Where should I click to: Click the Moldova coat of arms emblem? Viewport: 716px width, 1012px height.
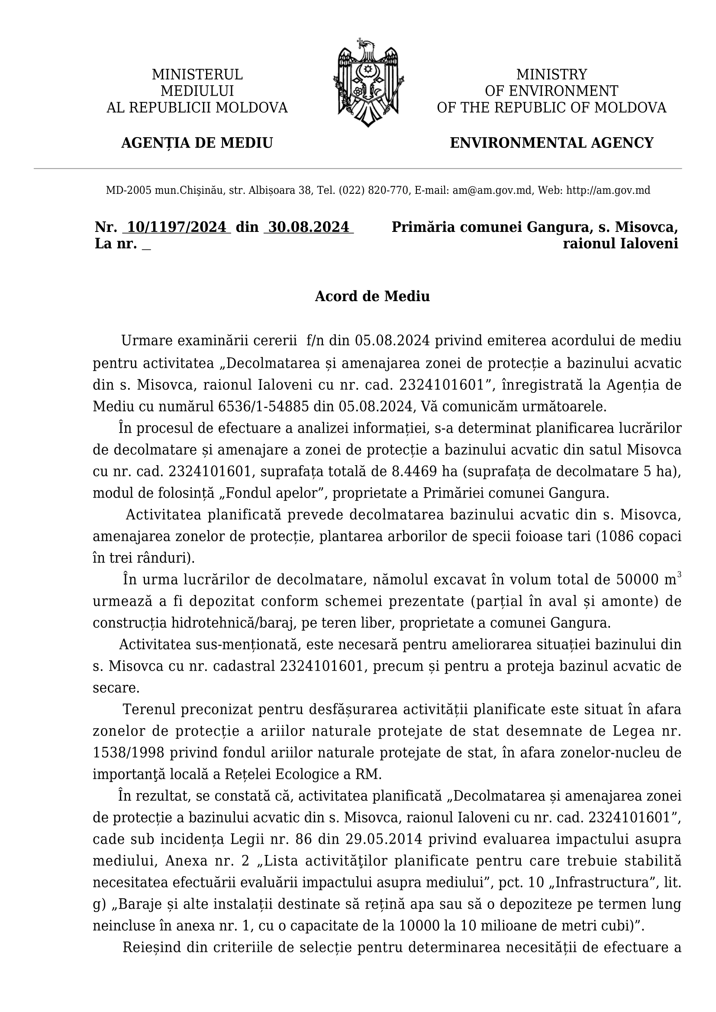click(x=368, y=83)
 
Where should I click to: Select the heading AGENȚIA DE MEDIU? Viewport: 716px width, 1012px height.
click(x=197, y=143)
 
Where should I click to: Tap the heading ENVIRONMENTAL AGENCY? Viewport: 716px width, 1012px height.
click(x=551, y=143)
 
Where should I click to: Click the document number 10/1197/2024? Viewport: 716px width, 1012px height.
click(x=176, y=227)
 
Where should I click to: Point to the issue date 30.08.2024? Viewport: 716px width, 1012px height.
click(x=309, y=227)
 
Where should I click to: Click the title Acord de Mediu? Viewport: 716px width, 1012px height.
click(x=372, y=296)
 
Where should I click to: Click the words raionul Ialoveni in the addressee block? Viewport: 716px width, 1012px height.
click(x=620, y=244)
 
